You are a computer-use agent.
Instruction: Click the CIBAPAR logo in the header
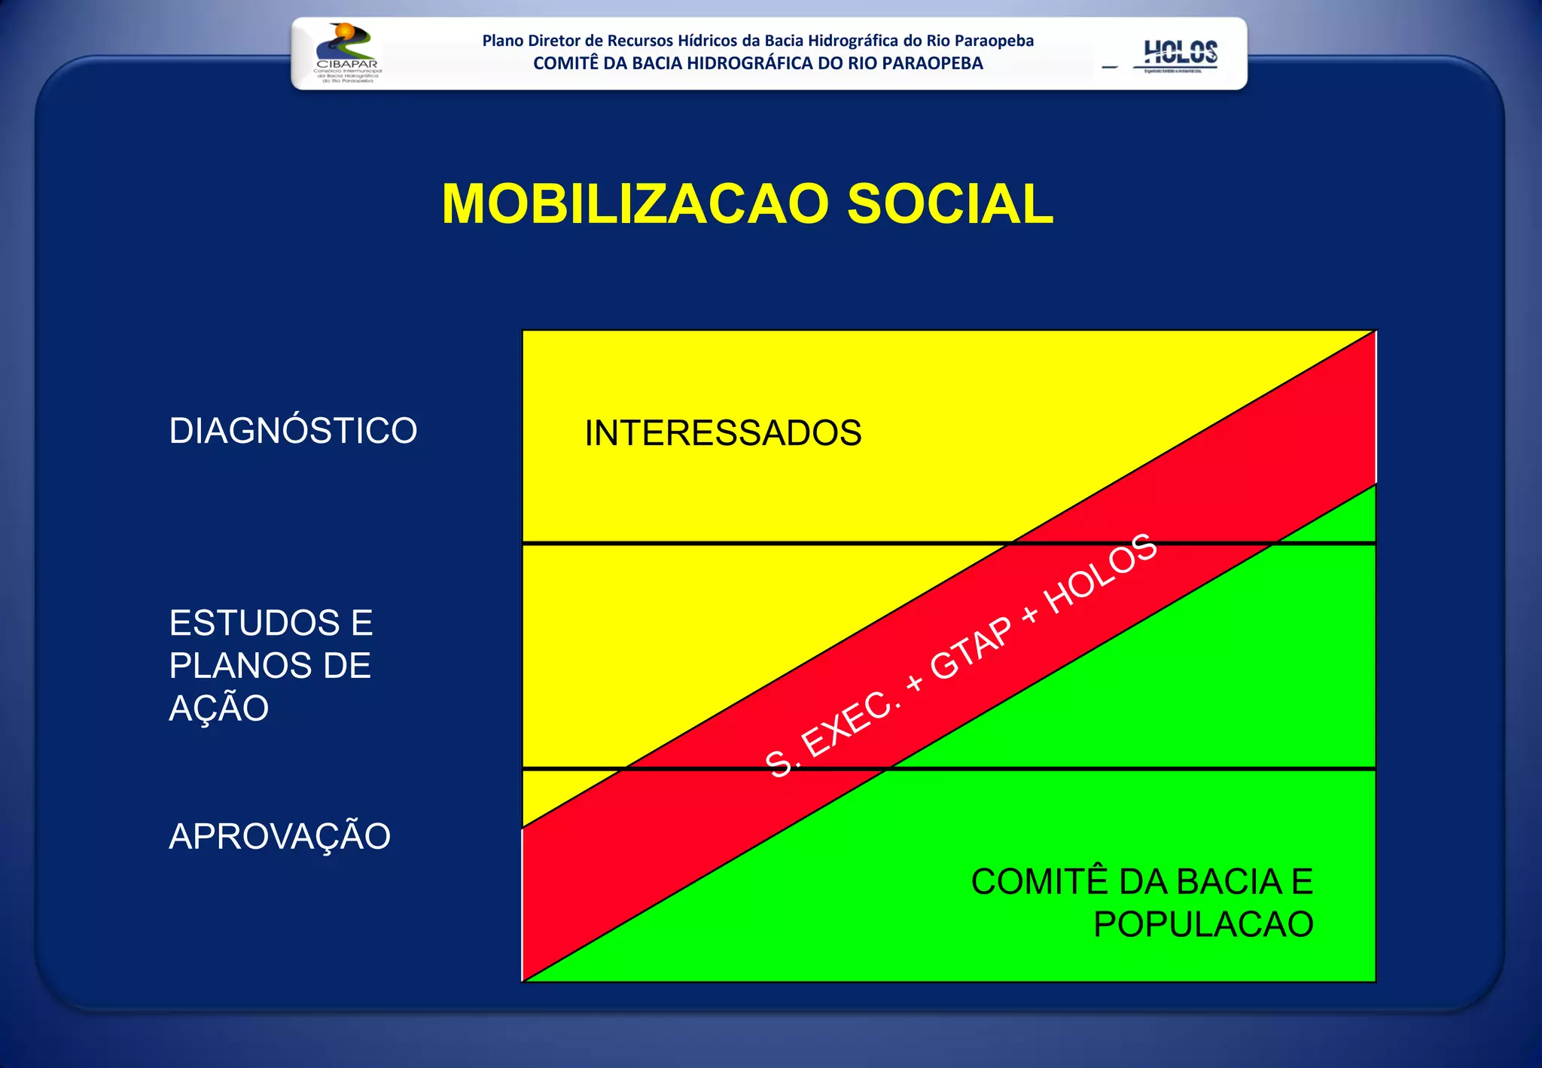click(347, 53)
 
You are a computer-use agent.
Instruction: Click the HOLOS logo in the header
click(1180, 54)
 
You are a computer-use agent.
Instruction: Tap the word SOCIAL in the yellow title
click(949, 204)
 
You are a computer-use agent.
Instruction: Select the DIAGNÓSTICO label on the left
click(293, 431)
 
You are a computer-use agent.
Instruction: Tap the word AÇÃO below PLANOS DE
click(218, 708)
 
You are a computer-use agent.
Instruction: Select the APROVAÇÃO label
click(279, 836)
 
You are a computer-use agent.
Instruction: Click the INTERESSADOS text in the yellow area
click(723, 433)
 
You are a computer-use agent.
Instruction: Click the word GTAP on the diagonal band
click(971, 648)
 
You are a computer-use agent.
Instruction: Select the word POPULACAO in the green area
click(1203, 924)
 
